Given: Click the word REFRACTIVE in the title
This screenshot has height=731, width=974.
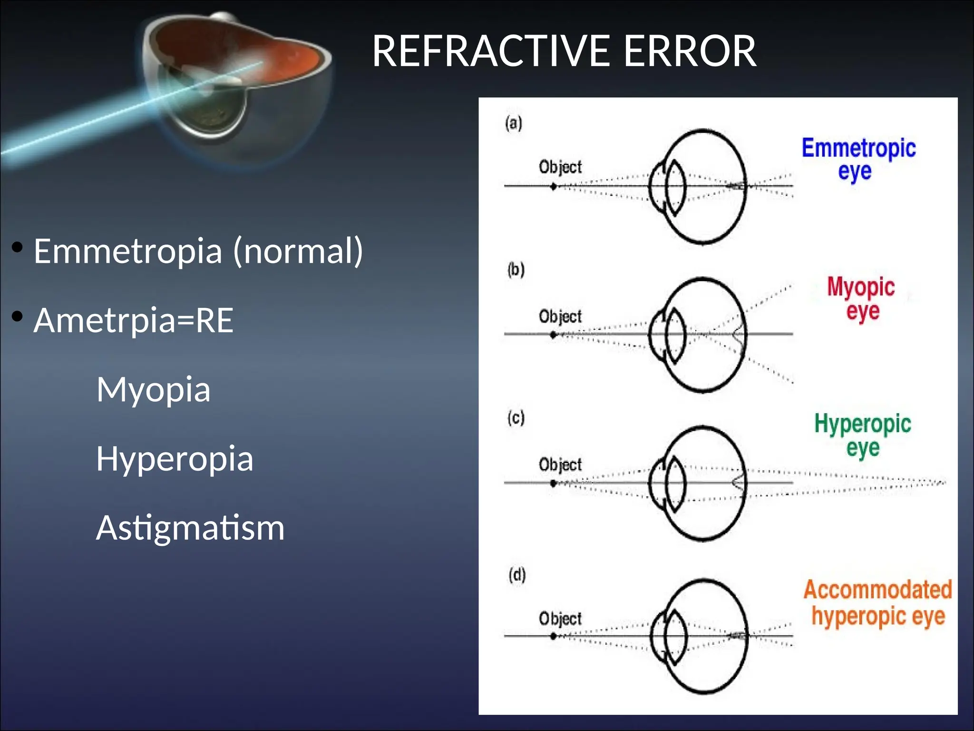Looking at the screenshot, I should [x=490, y=51].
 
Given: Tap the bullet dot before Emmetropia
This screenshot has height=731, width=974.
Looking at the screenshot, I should [x=17, y=247].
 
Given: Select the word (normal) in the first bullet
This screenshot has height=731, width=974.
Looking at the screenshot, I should [x=298, y=251].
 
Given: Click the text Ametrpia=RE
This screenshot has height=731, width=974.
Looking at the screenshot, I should [x=133, y=320].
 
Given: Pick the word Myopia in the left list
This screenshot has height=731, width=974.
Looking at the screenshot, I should [x=153, y=390].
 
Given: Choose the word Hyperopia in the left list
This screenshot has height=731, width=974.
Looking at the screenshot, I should [x=175, y=459].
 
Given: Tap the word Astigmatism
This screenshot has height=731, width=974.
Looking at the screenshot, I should [x=190, y=528].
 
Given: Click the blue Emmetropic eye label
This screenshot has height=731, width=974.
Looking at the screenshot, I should [x=858, y=159].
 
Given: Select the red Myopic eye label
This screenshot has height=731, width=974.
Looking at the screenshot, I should [x=861, y=298].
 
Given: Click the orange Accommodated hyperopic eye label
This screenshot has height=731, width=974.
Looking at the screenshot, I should [x=877, y=603].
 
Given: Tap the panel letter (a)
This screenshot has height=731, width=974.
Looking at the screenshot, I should [x=514, y=123].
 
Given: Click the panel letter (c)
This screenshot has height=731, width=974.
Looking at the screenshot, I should [x=516, y=418].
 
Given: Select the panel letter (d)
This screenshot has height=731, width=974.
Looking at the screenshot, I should [x=517, y=575].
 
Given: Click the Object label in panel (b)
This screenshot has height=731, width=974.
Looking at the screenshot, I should [x=560, y=316].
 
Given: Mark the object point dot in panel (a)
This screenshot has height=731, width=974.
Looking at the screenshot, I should [x=553, y=187].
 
